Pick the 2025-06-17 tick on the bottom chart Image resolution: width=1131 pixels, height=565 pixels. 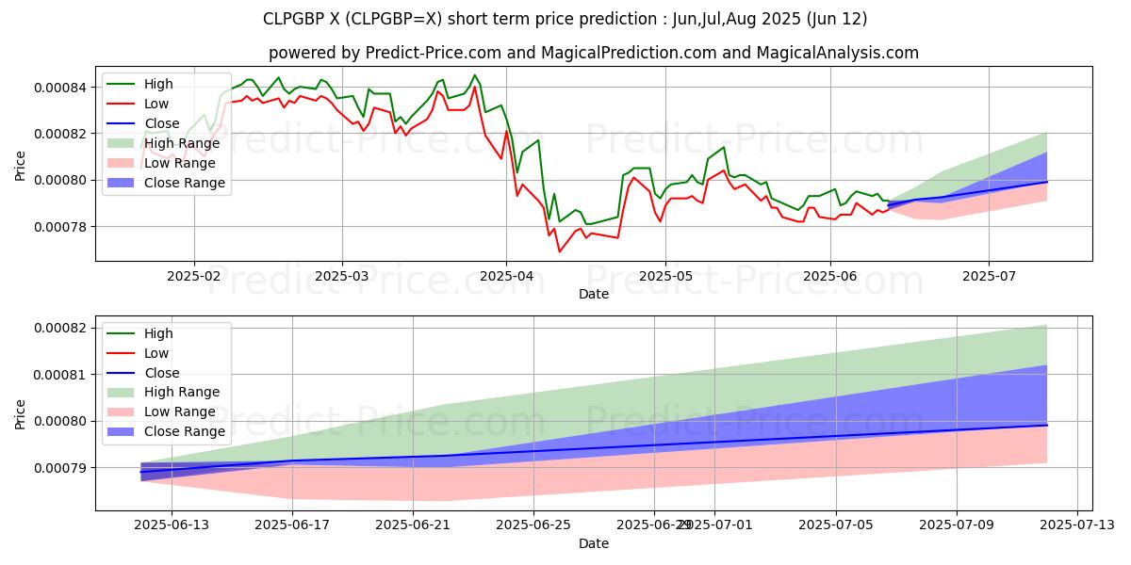pyautogui.click(x=292, y=524)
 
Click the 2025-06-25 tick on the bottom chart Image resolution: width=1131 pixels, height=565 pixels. pyautogui.click(x=533, y=524)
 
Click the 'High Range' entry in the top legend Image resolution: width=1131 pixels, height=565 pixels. pyautogui.click(x=182, y=143)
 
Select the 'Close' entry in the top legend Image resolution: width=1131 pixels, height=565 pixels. pyautogui.click(x=162, y=123)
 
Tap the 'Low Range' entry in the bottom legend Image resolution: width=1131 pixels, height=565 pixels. pyautogui.click(x=181, y=412)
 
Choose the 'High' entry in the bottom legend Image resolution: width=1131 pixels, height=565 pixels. pyautogui.click(x=159, y=333)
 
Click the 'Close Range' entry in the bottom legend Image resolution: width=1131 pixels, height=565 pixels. pyautogui.click(x=185, y=431)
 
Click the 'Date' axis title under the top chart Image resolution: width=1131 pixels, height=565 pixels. pyautogui.click(x=594, y=294)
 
